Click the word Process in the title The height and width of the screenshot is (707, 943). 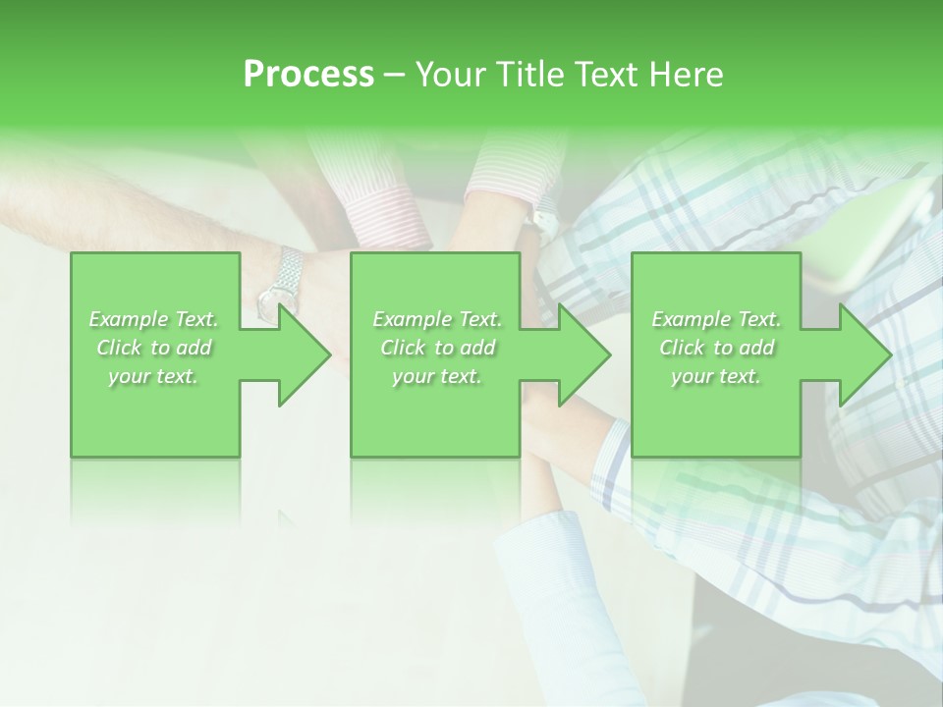coord(308,75)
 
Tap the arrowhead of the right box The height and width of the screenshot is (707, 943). coord(863,354)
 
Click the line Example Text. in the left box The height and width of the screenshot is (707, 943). coord(153,319)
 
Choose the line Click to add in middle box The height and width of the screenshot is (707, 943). coord(437,348)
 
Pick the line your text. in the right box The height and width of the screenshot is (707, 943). coord(716,376)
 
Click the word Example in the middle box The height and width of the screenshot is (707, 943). coord(412,319)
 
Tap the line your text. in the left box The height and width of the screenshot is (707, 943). coord(153,376)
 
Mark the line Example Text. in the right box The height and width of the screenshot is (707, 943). coord(716,319)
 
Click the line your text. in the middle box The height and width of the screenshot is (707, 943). coord(437,376)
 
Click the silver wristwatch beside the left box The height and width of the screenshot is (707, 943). coord(282,283)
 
